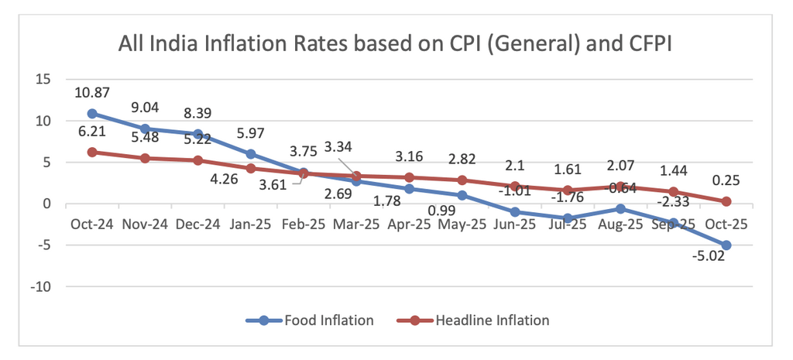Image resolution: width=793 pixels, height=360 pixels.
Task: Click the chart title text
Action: pyautogui.click(x=394, y=44)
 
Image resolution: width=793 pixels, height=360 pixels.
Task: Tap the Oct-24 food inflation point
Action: pyautogui.click(x=92, y=114)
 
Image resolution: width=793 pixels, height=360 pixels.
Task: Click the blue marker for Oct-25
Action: pyautogui.click(x=726, y=245)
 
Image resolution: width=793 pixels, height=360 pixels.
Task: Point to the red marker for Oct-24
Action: pyautogui.click(x=92, y=153)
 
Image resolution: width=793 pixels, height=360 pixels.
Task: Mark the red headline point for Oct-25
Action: pyautogui.click(x=726, y=201)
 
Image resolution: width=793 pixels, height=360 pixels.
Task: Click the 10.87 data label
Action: pyautogui.click(x=91, y=93)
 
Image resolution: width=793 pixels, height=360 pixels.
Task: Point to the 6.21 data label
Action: pyautogui.click(x=91, y=132)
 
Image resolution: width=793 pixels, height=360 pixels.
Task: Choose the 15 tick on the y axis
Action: pyautogui.click(x=43, y=79)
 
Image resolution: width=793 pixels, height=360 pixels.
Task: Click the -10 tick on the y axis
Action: pyautogui.click(x=40, y=287)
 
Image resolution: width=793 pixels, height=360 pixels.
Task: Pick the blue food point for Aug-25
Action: pyautogui.click(x=620, y=209)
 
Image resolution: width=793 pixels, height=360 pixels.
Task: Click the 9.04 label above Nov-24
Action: pyautogui.click(x=145, y=108)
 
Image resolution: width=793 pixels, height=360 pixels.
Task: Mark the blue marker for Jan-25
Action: pyautogui.click(x=251, y=154)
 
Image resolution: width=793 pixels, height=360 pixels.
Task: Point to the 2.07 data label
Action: pyautogui.click(x=620, y=166)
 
